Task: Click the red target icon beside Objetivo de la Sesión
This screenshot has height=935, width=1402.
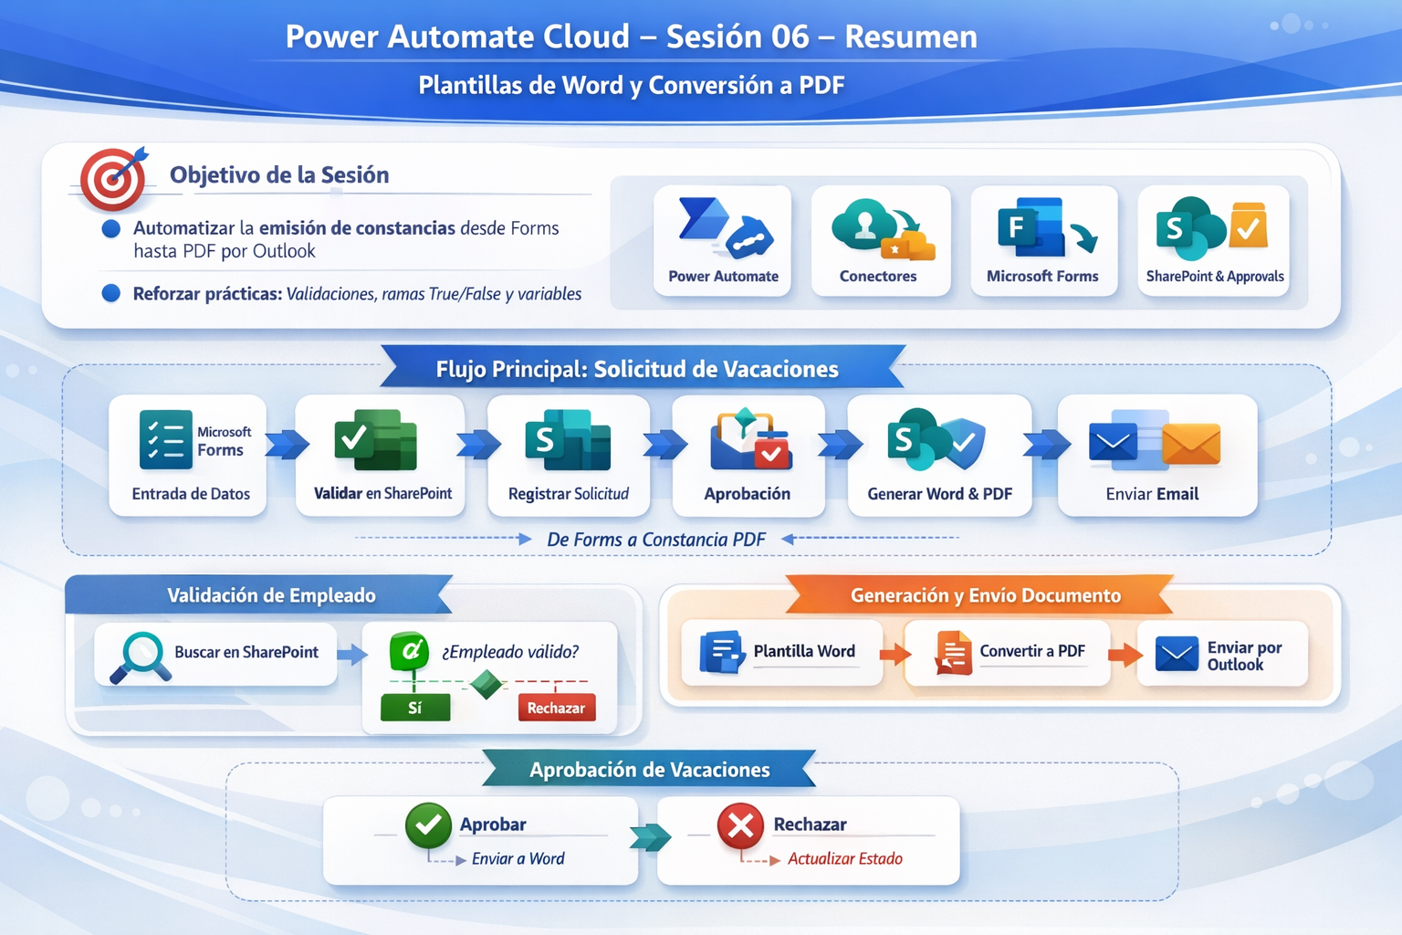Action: coord(112,178)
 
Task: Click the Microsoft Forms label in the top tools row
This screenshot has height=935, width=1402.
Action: coord(1042,276)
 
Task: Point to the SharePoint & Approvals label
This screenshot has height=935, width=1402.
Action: coord(1215,276)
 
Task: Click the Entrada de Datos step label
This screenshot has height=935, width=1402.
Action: coord(191,494)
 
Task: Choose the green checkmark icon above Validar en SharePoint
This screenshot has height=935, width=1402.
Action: coord(354,439)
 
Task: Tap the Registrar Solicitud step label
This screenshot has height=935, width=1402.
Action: coord(569,494)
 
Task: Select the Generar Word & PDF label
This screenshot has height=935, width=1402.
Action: coord(940,494)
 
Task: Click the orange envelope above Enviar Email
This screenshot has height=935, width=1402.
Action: coord(1191,444)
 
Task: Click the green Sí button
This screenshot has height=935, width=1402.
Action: coord(415,708)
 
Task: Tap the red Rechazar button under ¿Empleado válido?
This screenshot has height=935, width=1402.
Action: coord(556,708)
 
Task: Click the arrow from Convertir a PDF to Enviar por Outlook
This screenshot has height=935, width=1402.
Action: coord(1125,654)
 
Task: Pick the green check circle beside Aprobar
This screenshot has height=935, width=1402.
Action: coord(428,825)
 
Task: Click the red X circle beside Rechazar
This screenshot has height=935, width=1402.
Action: coord(740,825)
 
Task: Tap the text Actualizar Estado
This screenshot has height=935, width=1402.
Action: coord(845,858)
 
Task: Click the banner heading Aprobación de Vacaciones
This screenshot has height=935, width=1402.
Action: coord(649,770)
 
